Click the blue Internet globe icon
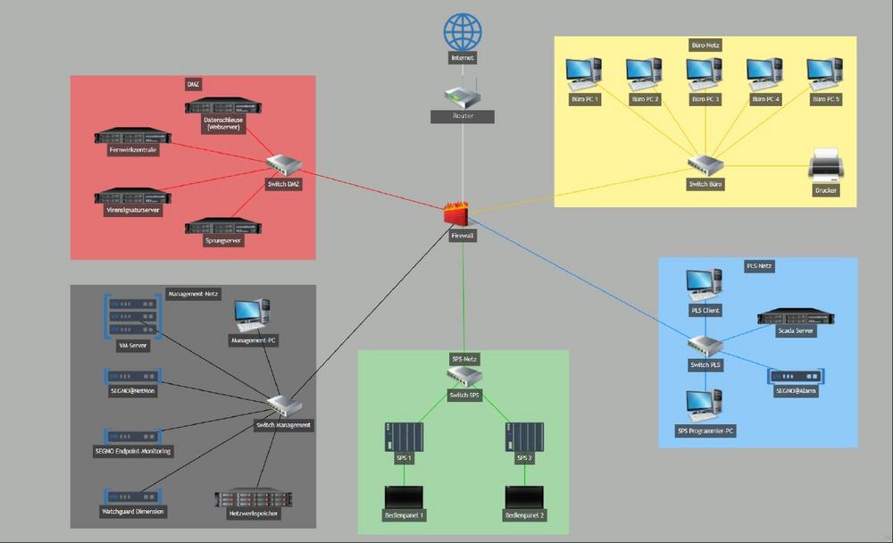[462, 32]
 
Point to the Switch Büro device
[705, 165]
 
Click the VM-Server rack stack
[131, 316]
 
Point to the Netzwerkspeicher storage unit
[254, 499]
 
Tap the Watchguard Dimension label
[133, 511]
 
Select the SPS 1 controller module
[404, 437]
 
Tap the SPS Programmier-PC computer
[704, 406]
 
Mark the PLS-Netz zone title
[758, 266]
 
